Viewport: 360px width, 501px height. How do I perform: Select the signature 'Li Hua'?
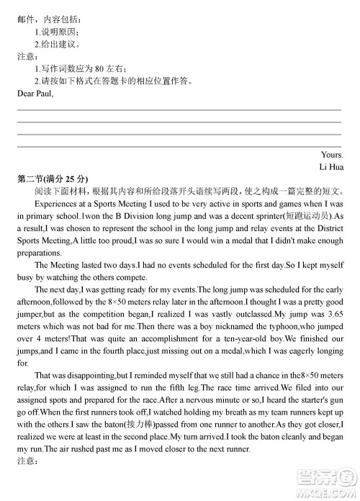(x=331, y=167)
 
